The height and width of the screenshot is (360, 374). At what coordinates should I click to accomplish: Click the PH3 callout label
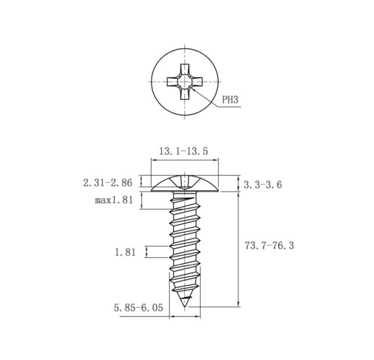click(x=230, y=99)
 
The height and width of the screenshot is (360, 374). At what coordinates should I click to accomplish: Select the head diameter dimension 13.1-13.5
click(x=183, y=151)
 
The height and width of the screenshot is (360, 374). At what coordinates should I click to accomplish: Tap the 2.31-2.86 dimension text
click(x=108, y=183)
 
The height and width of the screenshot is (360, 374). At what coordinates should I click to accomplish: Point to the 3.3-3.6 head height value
click(x=263, y=185)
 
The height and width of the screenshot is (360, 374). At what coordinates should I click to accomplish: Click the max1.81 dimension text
click(x=114, y=200)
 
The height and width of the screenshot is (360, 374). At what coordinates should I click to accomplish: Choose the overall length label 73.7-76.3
click(x=269, y=246)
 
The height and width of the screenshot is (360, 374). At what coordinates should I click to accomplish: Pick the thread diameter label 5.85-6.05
click(x=139, y=308)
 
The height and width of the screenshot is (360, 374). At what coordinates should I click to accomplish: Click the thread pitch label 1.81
click(x=125, y=252)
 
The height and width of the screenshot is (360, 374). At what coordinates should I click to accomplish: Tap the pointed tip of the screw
click(x=185, y=307)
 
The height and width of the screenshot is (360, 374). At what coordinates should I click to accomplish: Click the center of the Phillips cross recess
click(x=185, y=82)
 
